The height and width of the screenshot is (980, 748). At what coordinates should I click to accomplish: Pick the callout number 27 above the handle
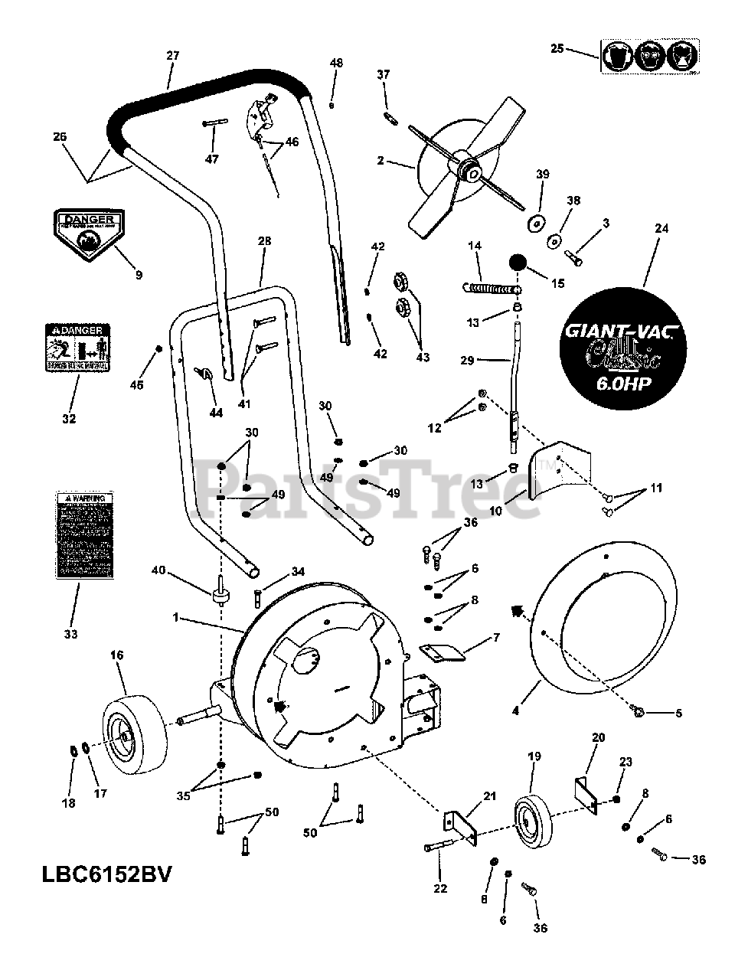(171, 56)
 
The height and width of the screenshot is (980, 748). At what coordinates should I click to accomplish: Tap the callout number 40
(158, 570)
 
